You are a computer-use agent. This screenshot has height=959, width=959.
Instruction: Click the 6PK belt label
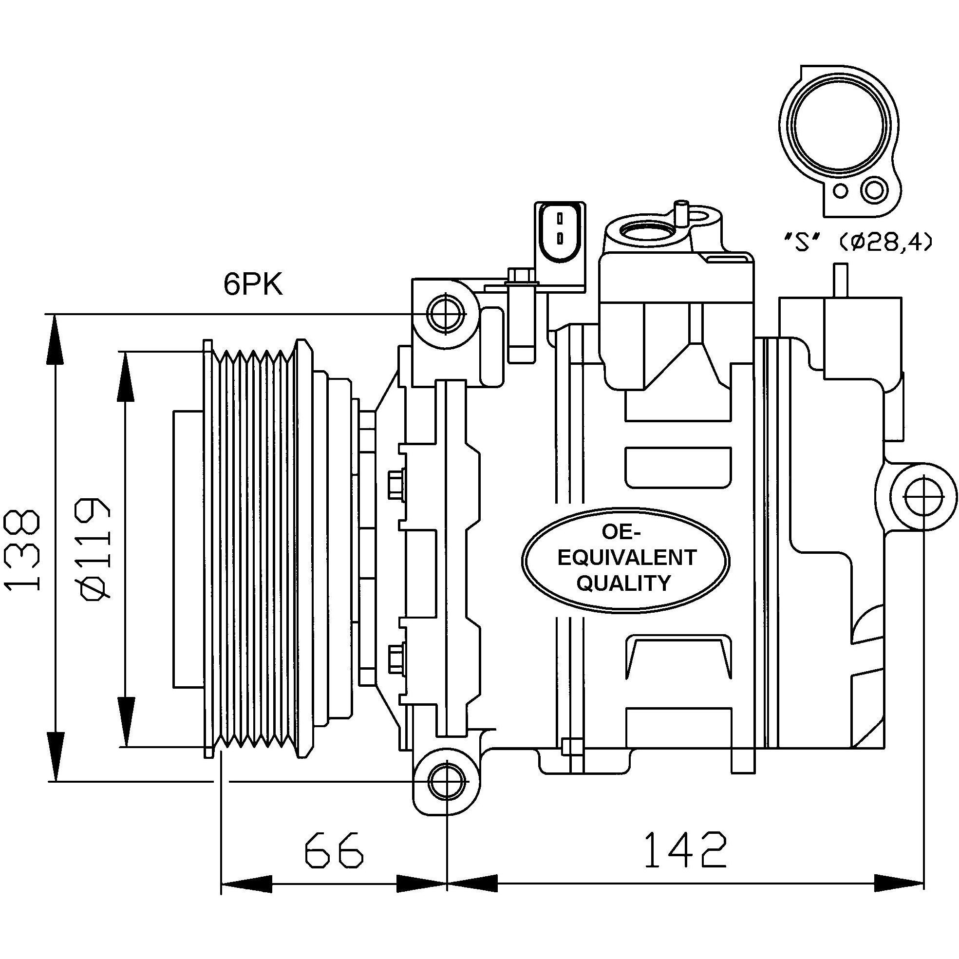(253, 284)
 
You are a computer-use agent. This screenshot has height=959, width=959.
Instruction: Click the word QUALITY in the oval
(623, 583)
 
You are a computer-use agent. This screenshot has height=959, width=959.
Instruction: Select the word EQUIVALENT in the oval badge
(627, 558)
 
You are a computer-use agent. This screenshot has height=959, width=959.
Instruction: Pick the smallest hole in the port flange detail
(840, 190)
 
